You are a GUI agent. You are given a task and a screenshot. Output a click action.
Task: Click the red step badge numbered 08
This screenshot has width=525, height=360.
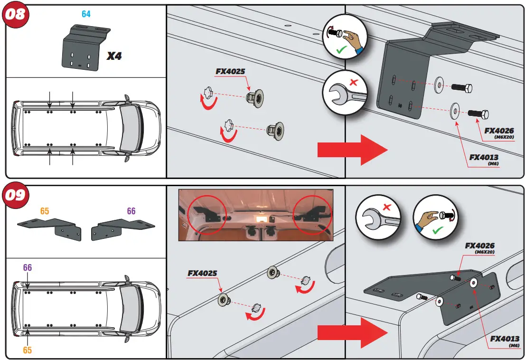click(15, 15)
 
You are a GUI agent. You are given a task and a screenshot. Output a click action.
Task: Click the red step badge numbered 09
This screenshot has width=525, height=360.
click(15, 195)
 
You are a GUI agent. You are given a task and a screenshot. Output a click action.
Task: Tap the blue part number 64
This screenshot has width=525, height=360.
click(86, 14)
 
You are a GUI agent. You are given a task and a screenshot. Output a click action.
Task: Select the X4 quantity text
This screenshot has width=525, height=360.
click(114, 56)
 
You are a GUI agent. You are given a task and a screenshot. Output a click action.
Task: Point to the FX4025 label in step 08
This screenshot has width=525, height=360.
click(230, 72)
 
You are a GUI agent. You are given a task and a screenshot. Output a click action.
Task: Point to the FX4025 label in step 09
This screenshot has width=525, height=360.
click(202, 273)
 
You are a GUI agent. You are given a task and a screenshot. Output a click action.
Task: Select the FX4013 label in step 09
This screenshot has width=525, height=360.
click(505, 339)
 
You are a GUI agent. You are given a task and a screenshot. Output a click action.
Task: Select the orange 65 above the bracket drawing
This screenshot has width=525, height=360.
click(45, 211)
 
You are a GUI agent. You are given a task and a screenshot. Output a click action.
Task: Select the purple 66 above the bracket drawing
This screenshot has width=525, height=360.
click(131, 211)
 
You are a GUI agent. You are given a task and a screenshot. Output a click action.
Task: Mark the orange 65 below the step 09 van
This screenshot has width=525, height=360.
click(28, 350)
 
